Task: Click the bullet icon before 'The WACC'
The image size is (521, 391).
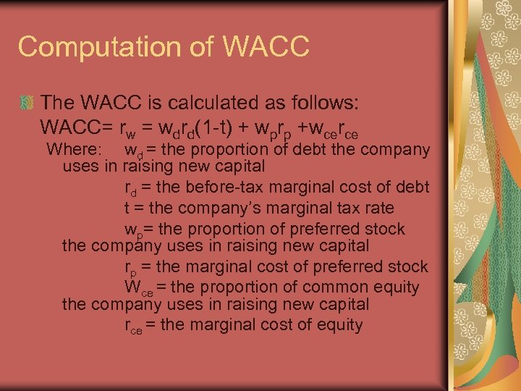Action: (x=27, y=101)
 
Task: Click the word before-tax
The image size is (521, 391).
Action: (x=218, y=187)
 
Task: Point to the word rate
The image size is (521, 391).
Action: (x=378, y=208)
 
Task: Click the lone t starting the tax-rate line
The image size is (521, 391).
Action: (x=127, y=208)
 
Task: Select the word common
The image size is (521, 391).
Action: (x=338, y=287)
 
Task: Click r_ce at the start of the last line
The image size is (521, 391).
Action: (x=133, y=326)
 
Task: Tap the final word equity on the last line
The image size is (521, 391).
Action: (x=339, y=325)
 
